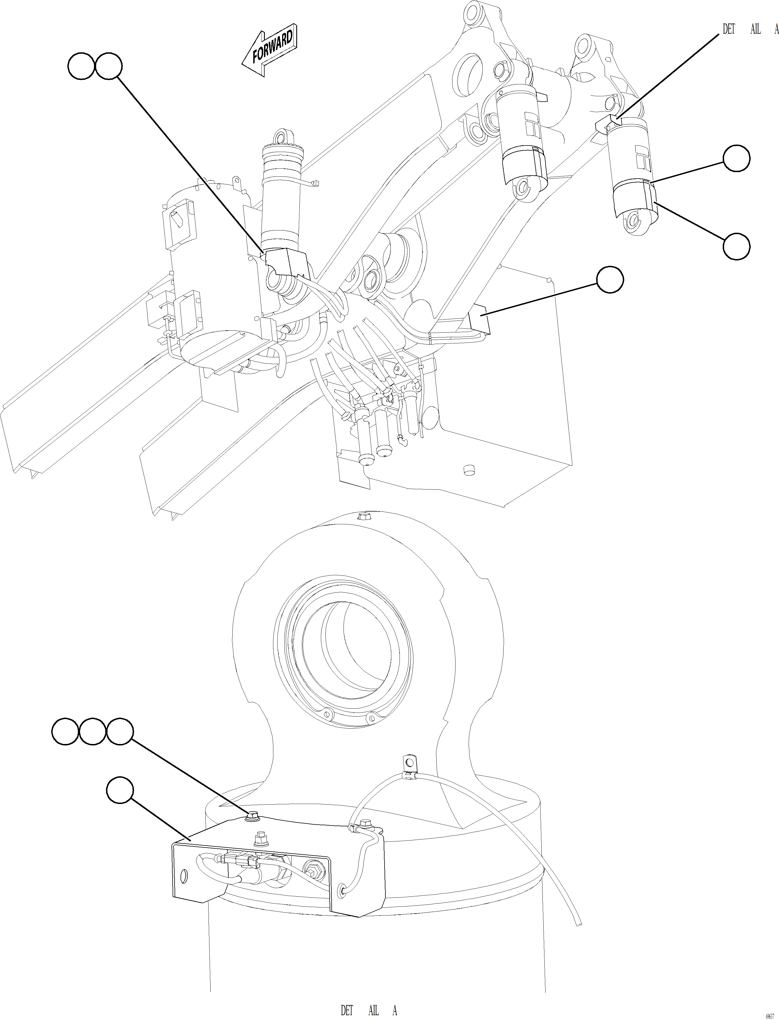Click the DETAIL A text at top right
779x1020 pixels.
click(750, 29)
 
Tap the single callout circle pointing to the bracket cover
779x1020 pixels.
click(120, 791)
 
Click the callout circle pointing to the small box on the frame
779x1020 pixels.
click(610, 279)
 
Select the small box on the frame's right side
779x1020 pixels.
click(479, 320)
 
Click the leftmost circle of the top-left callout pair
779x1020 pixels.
click(81, 66)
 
